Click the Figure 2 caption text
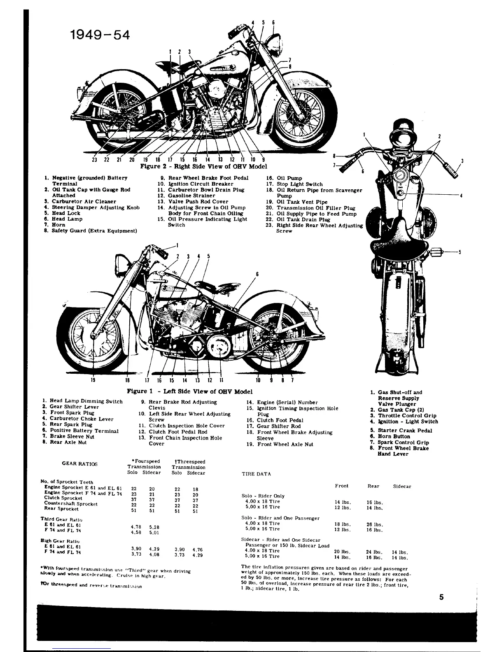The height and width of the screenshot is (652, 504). [x=203, y=166]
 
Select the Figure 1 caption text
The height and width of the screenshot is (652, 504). [x=189, y=391]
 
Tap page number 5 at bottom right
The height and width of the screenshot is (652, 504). [x=441, y=598]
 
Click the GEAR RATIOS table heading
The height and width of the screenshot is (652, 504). [x=80, y=463]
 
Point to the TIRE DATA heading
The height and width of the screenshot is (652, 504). [x=256, y=474]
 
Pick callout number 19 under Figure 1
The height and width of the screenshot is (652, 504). [x=93, y=380]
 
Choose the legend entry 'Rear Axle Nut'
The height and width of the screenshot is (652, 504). [x=68, y=442]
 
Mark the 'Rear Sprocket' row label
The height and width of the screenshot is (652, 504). [x=61, y=509]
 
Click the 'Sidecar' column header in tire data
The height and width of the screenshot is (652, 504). [x=402, y=486]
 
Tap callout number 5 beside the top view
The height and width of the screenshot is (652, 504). [x=460, y=252]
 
